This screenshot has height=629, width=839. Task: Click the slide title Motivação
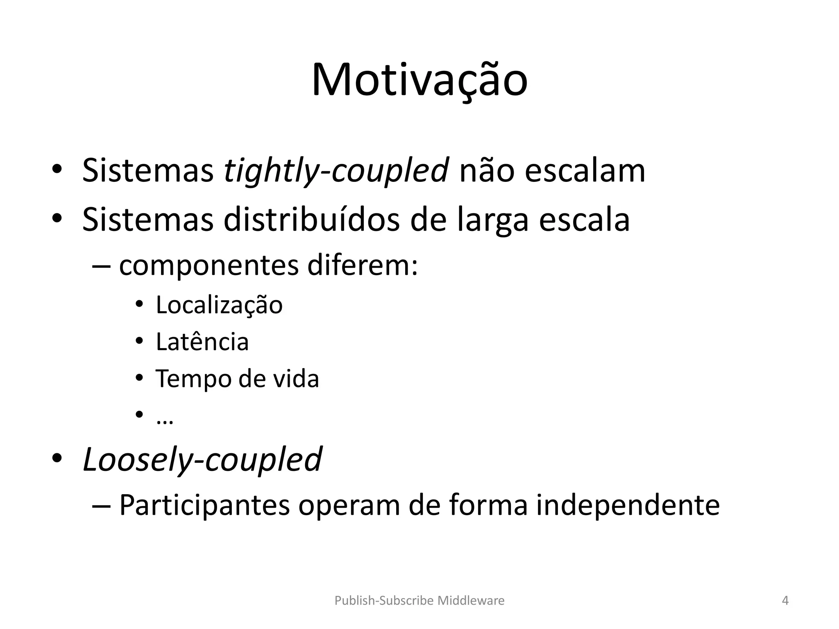click(x=419, y=81)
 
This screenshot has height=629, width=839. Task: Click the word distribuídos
click(x=311, y=220)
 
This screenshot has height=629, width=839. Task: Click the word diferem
click(x=362, y=265)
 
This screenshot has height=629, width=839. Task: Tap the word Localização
click(x=219, y=305)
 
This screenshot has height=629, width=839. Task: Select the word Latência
click(x=202, y=342)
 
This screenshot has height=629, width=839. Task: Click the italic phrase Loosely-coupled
click(x=202, y=460)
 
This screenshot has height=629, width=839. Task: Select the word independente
click(x=628, y=505)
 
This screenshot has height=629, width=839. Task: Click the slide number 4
click(x=785, y=601)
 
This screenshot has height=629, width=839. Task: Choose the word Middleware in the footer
click(x=471, y=601)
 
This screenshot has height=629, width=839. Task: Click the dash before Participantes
click(x=101, y=505)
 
